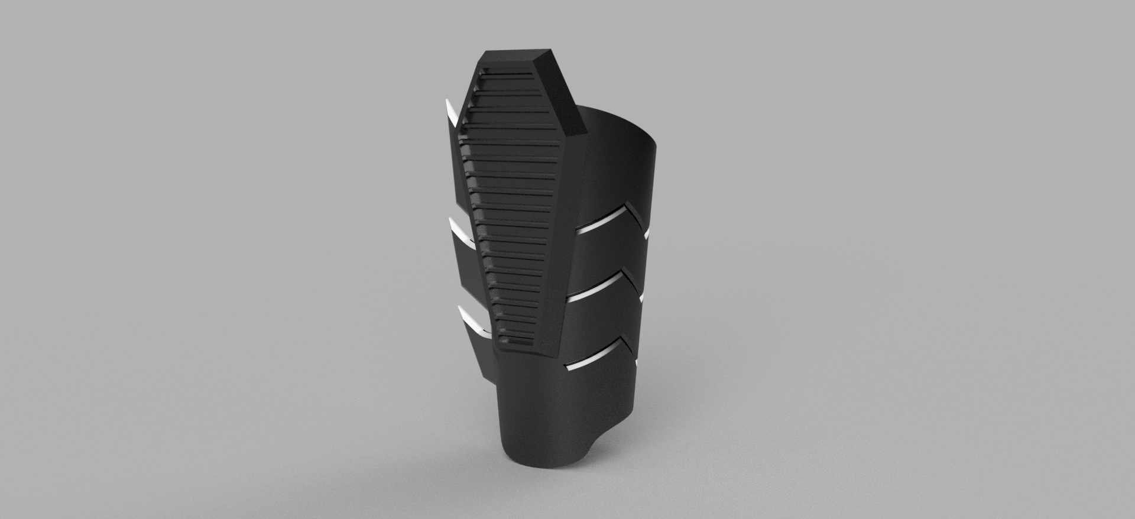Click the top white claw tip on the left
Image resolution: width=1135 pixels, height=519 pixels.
450,113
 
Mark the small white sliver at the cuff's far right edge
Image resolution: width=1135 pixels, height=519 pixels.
647,233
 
